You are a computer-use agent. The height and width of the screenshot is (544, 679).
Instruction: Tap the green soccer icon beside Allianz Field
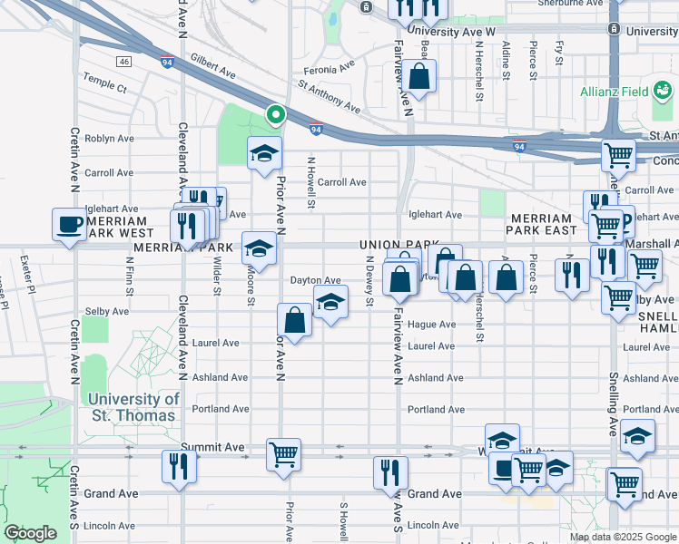click(x=664, y=91)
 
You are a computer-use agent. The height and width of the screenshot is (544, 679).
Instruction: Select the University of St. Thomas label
click(x=133, y=407)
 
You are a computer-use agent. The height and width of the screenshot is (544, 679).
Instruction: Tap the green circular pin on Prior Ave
click(x=275, y=114)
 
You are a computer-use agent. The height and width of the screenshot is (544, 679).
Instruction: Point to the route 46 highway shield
click(x=124, y=61)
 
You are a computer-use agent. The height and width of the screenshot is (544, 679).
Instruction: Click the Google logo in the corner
click(x=32, y=533)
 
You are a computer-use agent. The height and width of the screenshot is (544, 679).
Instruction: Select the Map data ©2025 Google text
click(x=623, y=537)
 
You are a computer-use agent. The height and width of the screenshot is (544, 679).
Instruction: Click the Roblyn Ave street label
click(x=109, y=140)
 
